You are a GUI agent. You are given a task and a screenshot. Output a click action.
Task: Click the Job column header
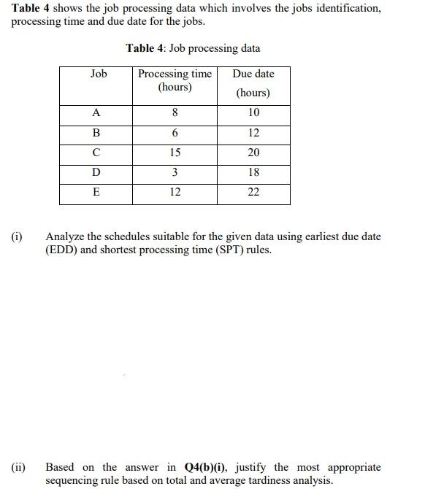tap(98, 74)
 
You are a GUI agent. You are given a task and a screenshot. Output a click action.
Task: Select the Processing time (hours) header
tap(175, 80)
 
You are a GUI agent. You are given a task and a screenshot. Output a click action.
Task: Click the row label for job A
tap(96, 113)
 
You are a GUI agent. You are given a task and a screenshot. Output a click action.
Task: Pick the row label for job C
tap(96, 153)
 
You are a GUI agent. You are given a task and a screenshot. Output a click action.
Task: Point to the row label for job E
tap(96, 193)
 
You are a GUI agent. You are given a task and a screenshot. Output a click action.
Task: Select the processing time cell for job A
tap(175, 113)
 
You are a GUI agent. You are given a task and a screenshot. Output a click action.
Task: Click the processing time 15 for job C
tap(175, 153)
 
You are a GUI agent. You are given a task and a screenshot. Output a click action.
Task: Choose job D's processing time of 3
tap(175, 173)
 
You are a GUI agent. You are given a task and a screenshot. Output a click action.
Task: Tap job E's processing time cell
tap(175, 193)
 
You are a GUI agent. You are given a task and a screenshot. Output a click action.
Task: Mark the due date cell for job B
tap(253, 133)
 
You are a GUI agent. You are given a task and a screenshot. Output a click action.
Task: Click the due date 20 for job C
tap(253, 153)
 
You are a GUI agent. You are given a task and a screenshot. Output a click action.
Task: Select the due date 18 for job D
tap(253, 173)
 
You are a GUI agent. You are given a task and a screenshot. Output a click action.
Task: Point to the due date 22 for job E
tap(253, 193)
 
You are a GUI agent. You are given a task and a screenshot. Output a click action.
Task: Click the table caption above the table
tap(193, 48)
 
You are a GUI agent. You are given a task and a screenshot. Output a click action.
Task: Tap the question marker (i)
tap(17, 237)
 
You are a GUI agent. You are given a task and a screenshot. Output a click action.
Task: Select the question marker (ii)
tap(18, 467)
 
